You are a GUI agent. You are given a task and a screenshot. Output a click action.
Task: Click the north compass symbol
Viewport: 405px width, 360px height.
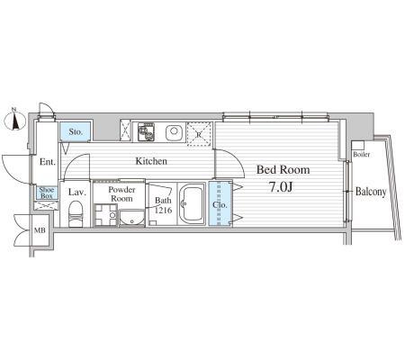[x=14, y=121]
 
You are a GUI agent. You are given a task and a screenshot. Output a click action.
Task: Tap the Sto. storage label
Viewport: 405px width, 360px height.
[x=76, y=131]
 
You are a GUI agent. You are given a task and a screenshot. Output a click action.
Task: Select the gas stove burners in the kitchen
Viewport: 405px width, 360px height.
[x=146, y=131]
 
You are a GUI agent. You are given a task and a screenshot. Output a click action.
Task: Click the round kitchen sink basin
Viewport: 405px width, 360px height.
[x=174, y=131]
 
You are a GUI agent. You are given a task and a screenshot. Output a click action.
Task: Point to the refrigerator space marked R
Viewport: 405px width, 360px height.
[x=199, y=134]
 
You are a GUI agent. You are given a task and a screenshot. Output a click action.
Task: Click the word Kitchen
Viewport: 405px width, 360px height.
[x=151, y=161]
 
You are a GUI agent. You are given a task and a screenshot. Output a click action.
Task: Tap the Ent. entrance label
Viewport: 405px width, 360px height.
[x=48, y=162]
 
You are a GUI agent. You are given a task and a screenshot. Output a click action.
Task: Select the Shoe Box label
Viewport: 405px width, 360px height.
[x=47, y=193]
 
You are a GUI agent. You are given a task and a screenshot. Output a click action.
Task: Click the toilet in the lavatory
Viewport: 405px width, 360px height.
[x=76, y=213]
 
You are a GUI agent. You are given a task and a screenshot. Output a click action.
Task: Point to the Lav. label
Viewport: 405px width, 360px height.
[x=77, y=193]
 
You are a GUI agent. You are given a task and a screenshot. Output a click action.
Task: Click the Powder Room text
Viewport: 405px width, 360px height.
[x=121, y=194]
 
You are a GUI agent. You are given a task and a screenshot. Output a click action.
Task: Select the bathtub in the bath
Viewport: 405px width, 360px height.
[x=192, y=204]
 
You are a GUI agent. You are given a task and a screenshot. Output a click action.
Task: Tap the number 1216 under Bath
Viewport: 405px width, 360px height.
[x=163, y=210]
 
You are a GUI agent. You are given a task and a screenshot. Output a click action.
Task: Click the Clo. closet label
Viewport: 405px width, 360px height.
[x=220, y=205]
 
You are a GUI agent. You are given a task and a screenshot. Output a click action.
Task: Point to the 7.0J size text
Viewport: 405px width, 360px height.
[x=281, y=187]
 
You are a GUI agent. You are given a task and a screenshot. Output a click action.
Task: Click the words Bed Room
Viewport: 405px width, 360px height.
[x=283, y=170]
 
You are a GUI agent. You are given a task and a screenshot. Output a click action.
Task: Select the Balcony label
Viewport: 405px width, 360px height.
[x=371, y=192]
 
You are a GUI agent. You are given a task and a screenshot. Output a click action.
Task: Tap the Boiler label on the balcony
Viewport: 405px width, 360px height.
[x=362, y=155]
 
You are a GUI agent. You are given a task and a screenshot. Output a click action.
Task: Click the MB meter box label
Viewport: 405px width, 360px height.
[x=40, y=230]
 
